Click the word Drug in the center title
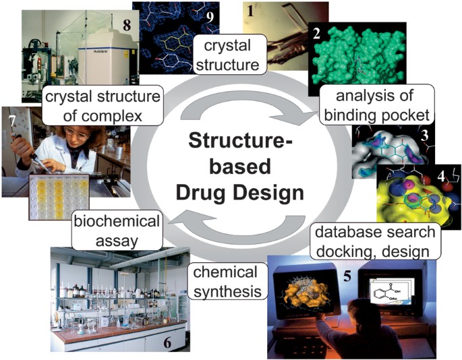tap(205, 193)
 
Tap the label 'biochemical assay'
tap(117, 231)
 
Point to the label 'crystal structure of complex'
tap(103, 107)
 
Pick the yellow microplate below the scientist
tap(59, 196)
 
